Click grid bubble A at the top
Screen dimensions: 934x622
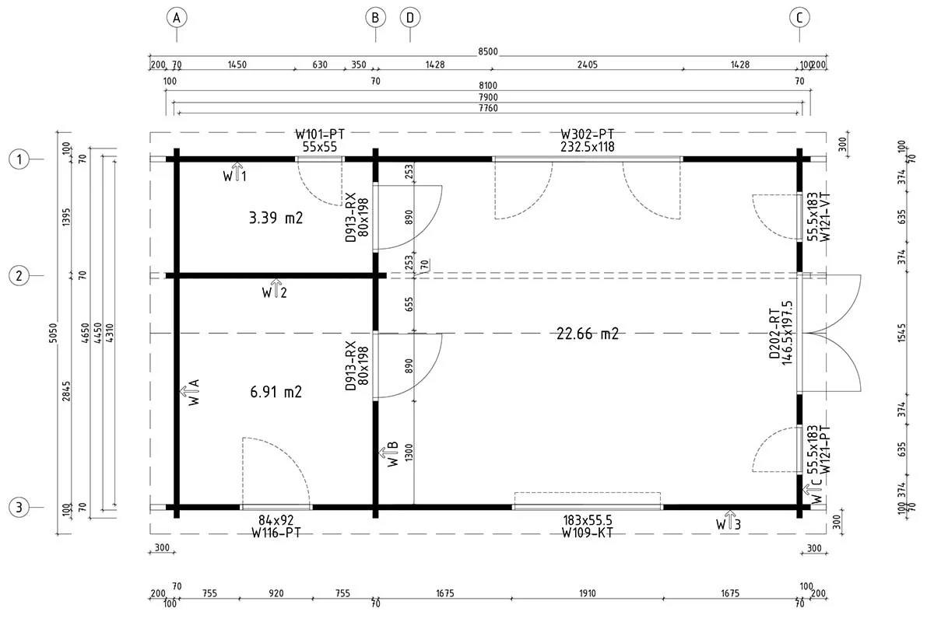pyautogui.click(x=177, y=18)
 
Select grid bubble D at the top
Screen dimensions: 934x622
pyautogui.click(x=410, y=18)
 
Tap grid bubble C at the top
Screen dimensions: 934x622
pyautogui.click(x=800, y=18)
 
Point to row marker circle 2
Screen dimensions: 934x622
pyautogui.click(x=19, y=275)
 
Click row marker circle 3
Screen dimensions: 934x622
pyautogui.click(x=19, y=508)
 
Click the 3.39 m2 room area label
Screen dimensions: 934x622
pyautogui.click(x=276, y=218)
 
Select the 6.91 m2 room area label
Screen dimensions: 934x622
pyautogui.click(x=276, y=392)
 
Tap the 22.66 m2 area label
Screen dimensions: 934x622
pyautogui.click(x=588, y=334)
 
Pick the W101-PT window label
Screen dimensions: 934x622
pyautogui.click(x=320, y=135)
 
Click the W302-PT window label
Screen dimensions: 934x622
pyautogui.click(x=588, y=135)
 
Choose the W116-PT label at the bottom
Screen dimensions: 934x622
pyautogui.click(x=276, y=533)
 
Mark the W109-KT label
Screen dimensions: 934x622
pyautogui.click(x=588, y=533)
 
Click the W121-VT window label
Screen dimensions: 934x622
pyautogui.click(x=825, y=217)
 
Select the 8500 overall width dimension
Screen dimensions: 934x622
pyautogui.click(x=488, y=51)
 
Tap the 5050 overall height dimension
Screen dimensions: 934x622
pyautogui.click(x=54, y=333)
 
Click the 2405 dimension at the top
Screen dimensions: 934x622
pyautogui.click(x=588, y=65)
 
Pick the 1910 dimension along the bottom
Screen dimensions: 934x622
pyautogui.click(x=588, y=593)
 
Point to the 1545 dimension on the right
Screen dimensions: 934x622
pyautogui.click(x=901, y=333)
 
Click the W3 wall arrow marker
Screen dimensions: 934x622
pyautogui.click(x=729, y=521)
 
